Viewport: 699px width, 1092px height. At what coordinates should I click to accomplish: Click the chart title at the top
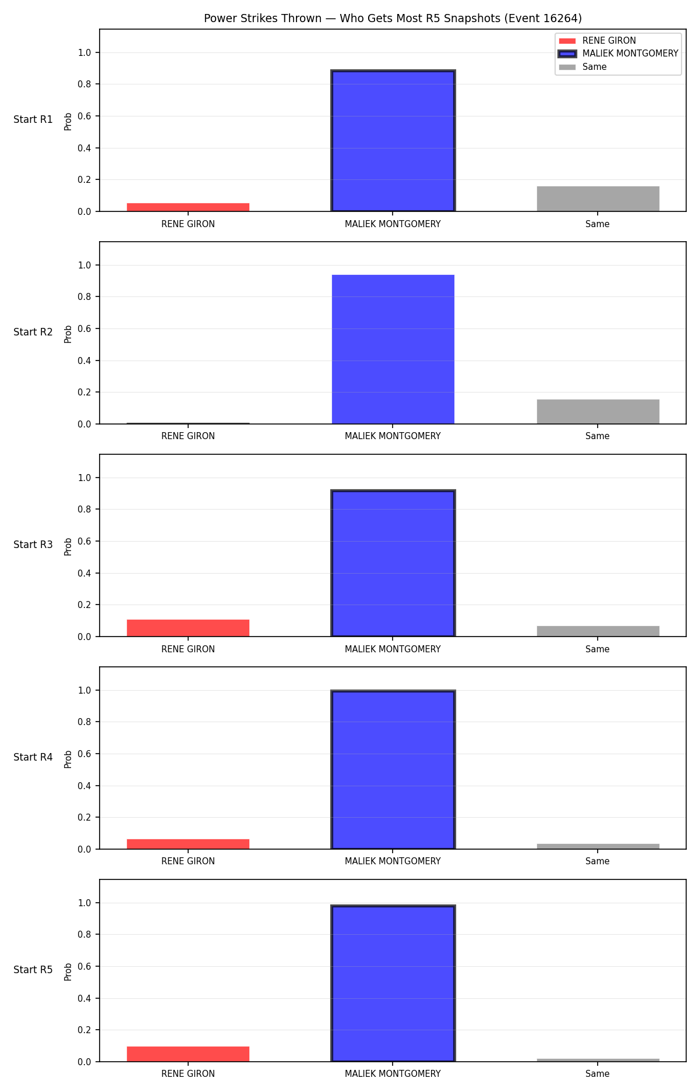click(393, 18)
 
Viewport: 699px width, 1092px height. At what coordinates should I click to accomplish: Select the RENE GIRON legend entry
click(598, 41)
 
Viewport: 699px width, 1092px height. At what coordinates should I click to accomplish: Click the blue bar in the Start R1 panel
click(393, 140)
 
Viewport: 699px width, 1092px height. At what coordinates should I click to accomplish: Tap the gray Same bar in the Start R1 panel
click(598, 199)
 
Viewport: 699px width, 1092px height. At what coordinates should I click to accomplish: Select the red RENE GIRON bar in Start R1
click(188, 207)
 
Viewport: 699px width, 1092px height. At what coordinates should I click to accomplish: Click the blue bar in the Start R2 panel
click(393, 349)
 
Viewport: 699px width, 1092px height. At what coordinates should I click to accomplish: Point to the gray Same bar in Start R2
click(598, 412)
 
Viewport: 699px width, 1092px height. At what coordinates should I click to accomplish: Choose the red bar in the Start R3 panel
click(188, 628)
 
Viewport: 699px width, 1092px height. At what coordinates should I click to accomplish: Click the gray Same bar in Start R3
click(598, 631)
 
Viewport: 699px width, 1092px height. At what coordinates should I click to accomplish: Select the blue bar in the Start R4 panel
click(393, 770)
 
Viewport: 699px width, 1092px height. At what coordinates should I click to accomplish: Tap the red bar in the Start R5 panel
click(188, 1054)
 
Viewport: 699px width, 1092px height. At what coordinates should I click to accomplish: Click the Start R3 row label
click(33, 545)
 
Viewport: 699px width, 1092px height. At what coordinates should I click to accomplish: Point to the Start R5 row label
click(33, 970)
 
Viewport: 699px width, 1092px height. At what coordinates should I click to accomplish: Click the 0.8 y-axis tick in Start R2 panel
click(85, 297)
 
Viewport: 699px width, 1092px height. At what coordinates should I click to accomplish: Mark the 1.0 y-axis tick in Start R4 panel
click(85, 691)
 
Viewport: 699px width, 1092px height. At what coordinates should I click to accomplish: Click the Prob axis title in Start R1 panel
click(68, 121)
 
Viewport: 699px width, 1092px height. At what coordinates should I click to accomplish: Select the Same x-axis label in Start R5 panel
click(598, 1074)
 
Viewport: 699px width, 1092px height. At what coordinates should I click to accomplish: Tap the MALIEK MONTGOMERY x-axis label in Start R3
click(393, 649)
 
